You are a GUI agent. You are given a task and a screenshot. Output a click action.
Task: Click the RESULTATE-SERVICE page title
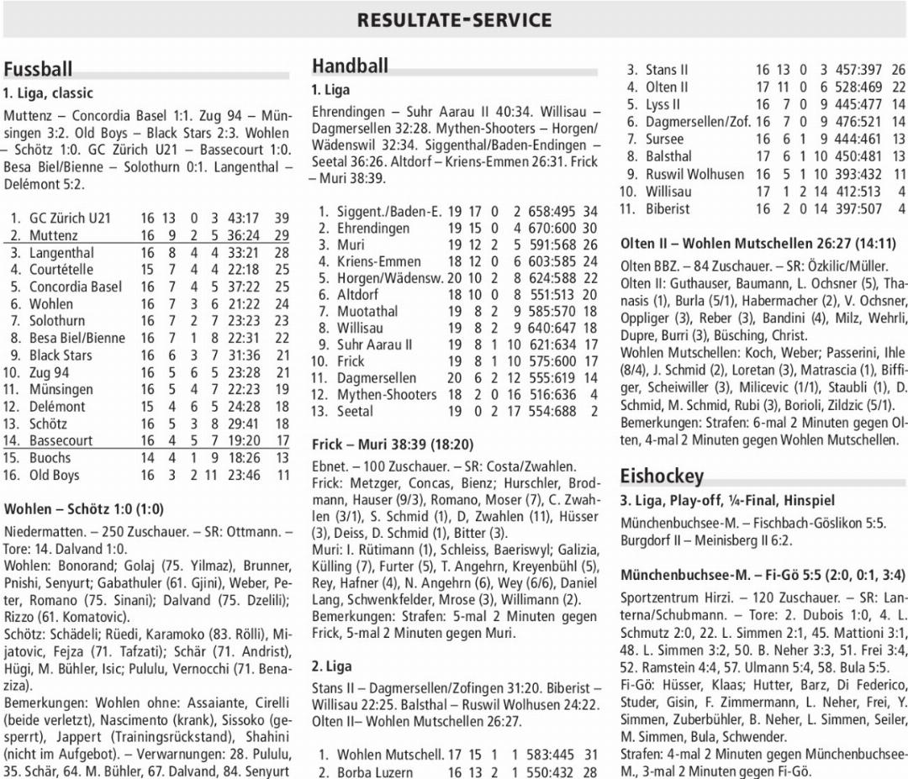pos(454,20)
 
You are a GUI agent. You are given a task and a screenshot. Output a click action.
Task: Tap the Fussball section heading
pos(38,69)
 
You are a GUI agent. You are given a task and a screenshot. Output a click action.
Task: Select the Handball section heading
pos(350,66)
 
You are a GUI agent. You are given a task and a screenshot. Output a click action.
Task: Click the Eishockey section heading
pos(662,476)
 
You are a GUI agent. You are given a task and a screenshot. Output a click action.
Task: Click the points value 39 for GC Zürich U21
pos(282,218)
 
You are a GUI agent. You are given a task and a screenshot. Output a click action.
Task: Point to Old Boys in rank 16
pos(55,476)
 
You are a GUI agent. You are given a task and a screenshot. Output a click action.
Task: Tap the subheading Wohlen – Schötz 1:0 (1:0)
pos(84,509)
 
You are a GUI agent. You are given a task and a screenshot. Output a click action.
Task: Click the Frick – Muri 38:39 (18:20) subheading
pos(392,445)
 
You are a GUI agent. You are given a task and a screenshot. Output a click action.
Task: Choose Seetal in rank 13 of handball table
pos(355,412)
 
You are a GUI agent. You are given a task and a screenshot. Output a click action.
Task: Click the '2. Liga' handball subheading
pos(331,666)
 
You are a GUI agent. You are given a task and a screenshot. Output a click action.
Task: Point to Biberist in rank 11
pos(668,208)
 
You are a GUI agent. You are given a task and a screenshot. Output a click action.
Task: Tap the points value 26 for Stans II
pos(898,70)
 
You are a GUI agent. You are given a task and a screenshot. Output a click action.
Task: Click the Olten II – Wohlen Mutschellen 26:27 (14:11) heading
pos(758,244)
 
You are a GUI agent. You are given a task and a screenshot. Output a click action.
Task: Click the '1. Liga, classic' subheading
pos(48,93)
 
